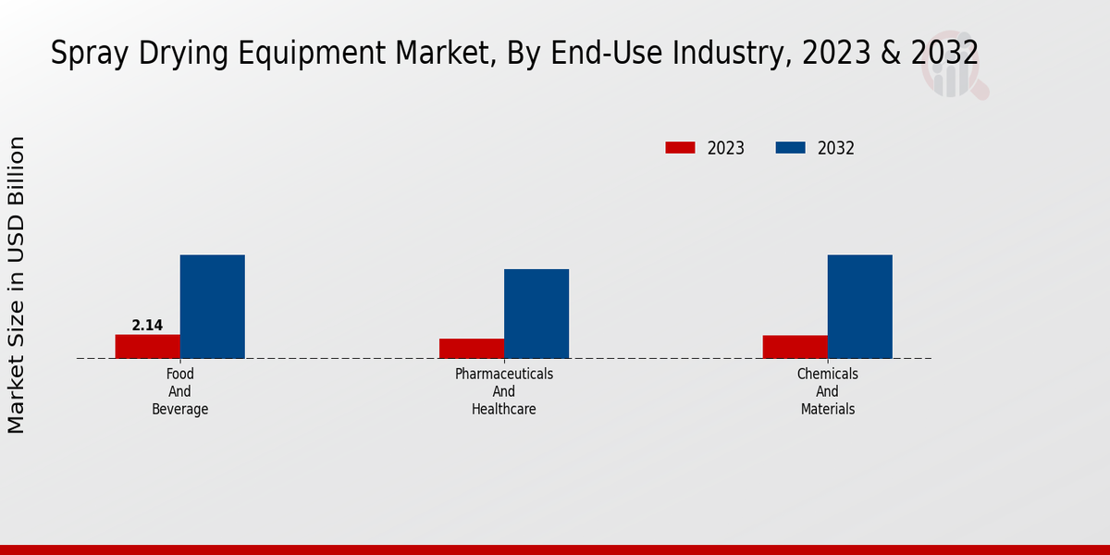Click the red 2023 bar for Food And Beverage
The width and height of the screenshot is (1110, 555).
[x=148, y=346]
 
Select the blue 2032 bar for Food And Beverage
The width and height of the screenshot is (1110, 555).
[x=213, y=306]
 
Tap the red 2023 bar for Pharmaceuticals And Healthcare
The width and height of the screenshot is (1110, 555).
[x=472, y=348]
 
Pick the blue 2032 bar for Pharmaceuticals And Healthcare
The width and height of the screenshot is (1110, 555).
[x=536, y=314]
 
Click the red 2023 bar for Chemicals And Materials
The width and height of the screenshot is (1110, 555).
[x=795, y=346]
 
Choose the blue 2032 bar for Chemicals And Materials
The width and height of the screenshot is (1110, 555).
[x=860, y=306]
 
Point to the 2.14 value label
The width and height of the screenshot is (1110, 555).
[x=147, y=326]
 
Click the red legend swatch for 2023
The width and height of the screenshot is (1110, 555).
[x=680, y=148]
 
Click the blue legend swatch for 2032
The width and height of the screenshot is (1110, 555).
[x=790, y=148]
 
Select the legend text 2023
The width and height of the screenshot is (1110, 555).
[x=726, y=148]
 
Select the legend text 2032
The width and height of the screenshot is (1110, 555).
[x=836, y=148]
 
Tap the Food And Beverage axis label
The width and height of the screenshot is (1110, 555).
[x=180, y=391]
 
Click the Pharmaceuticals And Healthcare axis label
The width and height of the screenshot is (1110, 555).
[x=504, y=391]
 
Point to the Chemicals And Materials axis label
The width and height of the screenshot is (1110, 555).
[x=828, y=391]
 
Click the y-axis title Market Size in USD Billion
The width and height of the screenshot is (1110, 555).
[x=17, y=285]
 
